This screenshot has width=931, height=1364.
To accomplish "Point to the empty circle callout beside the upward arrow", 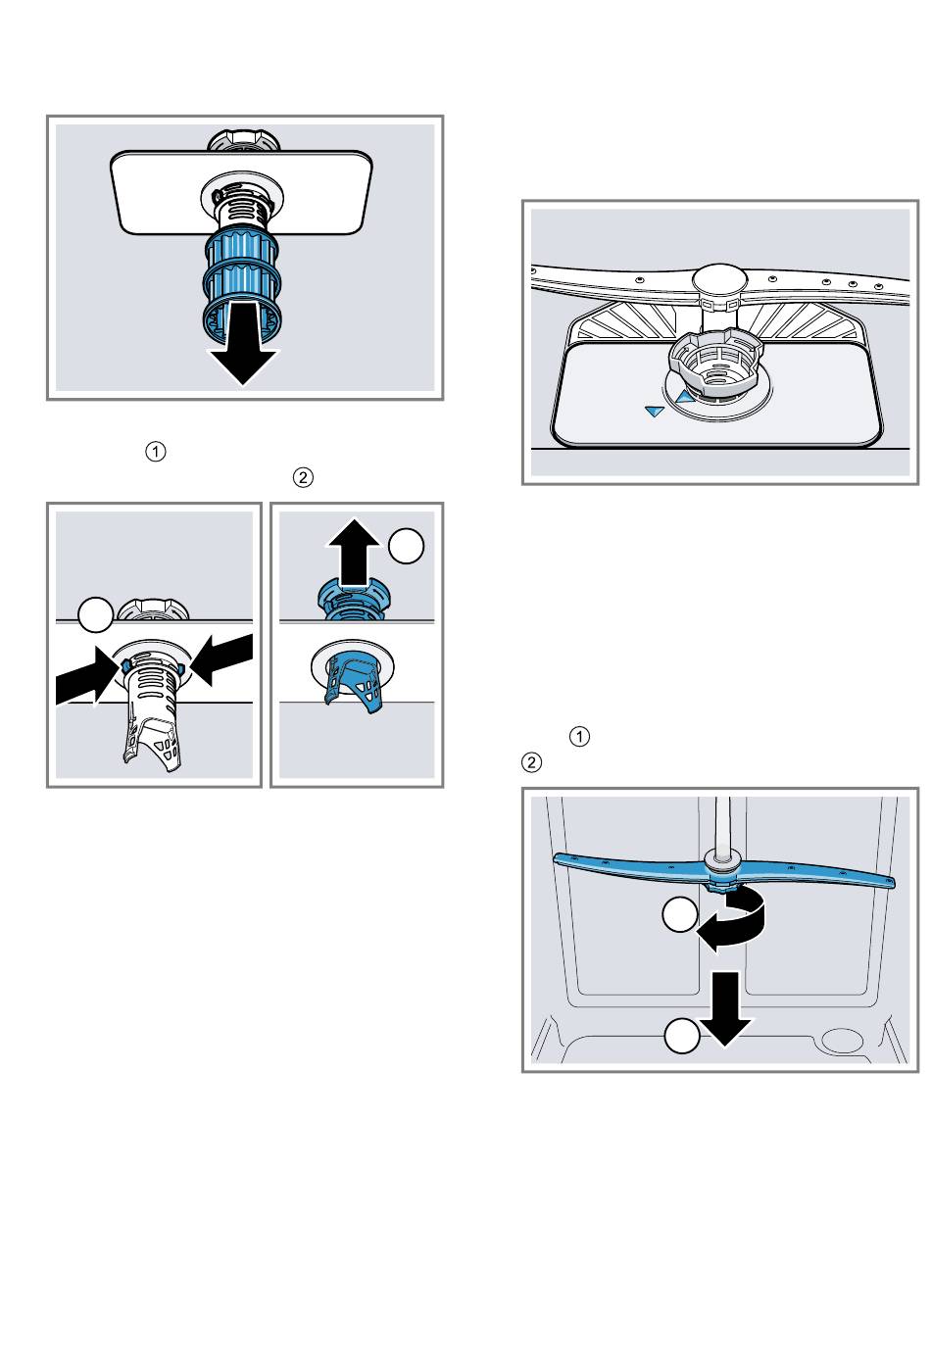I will pos(407,546).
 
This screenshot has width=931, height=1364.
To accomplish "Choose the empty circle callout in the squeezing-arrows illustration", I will pos(95,617).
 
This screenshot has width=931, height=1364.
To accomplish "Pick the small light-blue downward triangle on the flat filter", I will pos(655,414).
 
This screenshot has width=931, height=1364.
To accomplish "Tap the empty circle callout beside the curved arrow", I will pos(679,916).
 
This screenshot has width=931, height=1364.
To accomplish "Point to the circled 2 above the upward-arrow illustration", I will pos(303,478).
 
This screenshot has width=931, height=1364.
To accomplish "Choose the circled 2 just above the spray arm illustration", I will pos(532,761).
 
